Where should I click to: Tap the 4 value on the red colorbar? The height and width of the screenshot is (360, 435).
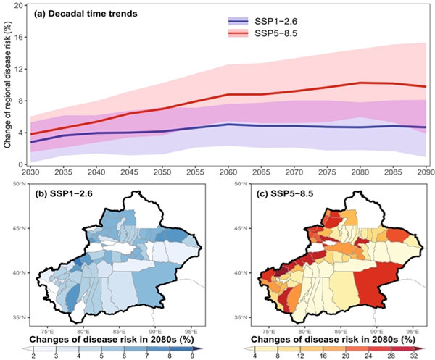point(256,353)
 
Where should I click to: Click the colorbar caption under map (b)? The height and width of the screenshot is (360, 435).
point(110,338)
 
